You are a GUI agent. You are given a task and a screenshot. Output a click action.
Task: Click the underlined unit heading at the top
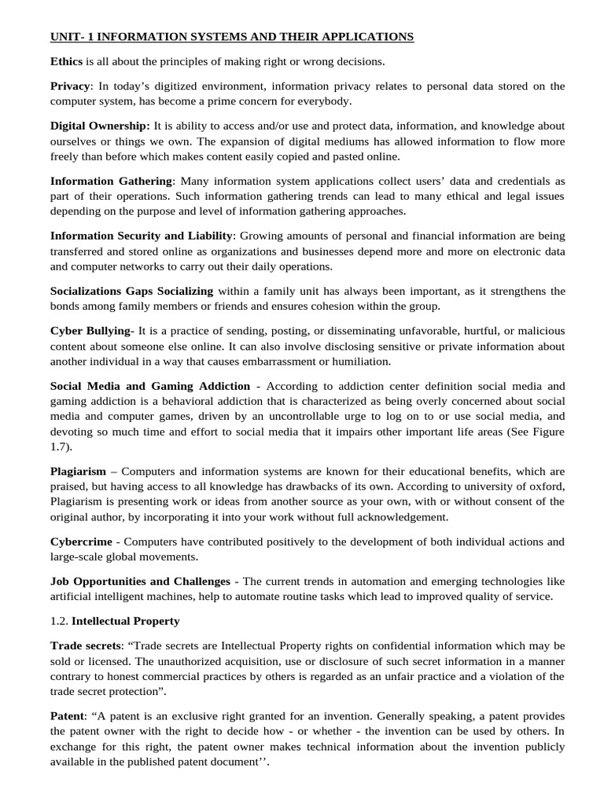(x=232, y=37)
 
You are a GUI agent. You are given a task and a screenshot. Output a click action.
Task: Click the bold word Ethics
(x=66, y=61)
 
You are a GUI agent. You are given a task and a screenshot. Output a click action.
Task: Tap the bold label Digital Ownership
(x=100, y=126)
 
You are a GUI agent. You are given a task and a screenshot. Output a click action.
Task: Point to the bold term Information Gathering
(x=111, y=181)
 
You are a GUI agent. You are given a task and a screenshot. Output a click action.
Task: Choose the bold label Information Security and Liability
(x=142, y=236)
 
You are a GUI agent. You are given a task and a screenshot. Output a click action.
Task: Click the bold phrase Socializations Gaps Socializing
(x=131, y=291)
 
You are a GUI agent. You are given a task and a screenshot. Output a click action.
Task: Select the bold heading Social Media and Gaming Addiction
(x=150, y=386)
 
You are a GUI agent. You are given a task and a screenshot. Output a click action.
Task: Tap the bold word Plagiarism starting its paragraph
(x=78, y=471)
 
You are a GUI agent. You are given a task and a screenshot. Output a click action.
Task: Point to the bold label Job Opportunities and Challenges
(x=140, y=581)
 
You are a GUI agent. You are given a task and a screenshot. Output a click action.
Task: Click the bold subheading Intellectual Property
(x=126, y=621)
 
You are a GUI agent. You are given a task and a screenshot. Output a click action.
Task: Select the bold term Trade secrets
(x=86, y=645)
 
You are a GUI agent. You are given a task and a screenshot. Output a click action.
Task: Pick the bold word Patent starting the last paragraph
(x=67, y=716)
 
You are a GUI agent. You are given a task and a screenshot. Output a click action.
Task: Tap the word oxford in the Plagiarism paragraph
(x=546, y=487)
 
